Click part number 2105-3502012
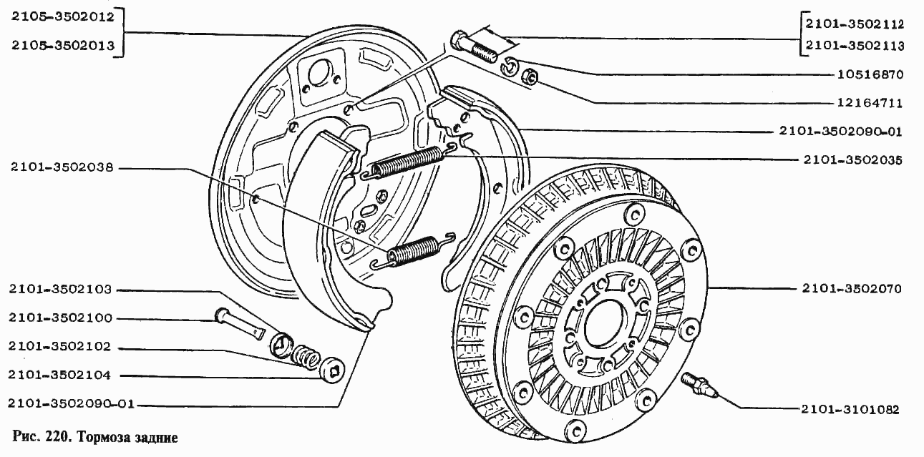(63, 17)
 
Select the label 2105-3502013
(63, 45)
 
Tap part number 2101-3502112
(855, 24)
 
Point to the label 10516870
(870, 74)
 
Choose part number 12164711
(870, 102)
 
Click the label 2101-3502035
(852, 159)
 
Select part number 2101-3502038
(62, 167)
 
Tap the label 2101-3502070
(852, 288)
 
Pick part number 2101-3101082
(850, 409)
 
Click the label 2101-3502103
(60, 289)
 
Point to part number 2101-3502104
(59, 375)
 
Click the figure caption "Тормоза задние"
(127, 437)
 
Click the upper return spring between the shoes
(409, 162)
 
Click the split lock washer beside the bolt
(509, 66)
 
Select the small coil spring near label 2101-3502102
(306, 356)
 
